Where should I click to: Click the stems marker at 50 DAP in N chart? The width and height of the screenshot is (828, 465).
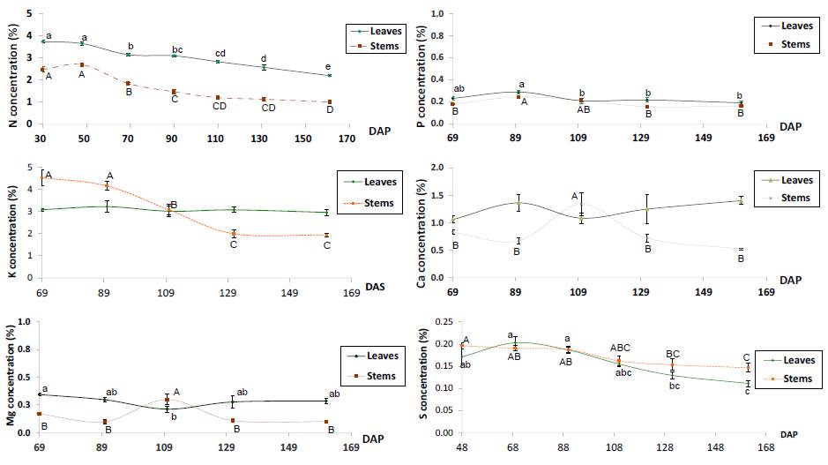coord(82,64)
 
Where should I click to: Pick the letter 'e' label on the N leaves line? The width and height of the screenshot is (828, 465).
coord(329,67)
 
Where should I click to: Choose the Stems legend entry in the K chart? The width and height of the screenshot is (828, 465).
coord(378,204)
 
